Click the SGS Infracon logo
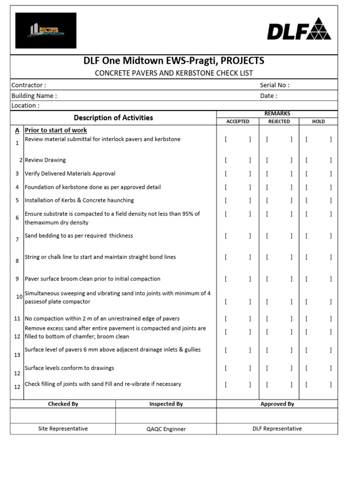point(45,30)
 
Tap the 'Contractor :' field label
point(29,85)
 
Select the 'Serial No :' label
point(275,85)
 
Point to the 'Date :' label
point(269,96)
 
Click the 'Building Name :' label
point(34,96)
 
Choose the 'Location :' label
point(25,105)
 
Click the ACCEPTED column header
point(238,121)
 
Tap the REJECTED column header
point(279,121)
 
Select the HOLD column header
point(318,121)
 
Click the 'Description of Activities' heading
point(113,118)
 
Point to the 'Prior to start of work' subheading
point(56,130)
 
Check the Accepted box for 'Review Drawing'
point(238,160)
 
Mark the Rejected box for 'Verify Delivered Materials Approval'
point(279,173)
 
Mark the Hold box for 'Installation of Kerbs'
point(318,200)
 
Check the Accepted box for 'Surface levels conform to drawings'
point(238,368)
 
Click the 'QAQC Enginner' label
point(166,429)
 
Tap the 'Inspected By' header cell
point(166,404)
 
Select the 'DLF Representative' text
point(277,428)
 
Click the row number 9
point(17,279)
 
